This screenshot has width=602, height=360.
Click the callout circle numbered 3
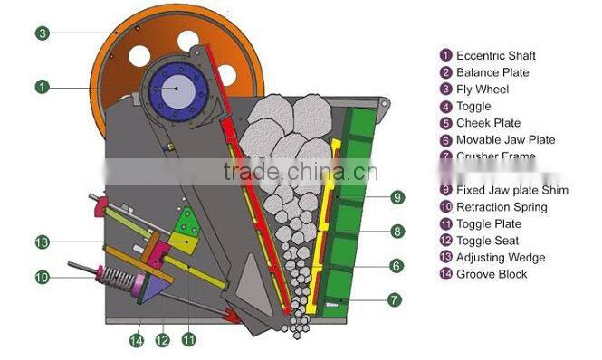pos(42,33)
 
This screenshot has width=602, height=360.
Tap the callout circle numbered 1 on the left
pos(42,87)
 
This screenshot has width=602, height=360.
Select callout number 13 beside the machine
pos(42,242)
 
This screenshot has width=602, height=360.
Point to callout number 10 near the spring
pos(42,277)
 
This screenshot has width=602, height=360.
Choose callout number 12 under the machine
pos(163,340)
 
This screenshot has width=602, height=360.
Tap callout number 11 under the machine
pos(189,340)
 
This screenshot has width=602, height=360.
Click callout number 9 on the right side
pos(397,197)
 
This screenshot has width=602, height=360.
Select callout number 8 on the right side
pos(397,232)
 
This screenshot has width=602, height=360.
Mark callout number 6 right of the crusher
pos(397,265)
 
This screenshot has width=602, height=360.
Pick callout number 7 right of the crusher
pos(397,298)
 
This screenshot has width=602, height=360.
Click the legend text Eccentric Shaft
pos(495,56)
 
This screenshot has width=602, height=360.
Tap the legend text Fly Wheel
pos(483,90)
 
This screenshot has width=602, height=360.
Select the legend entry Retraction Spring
pos(502,207)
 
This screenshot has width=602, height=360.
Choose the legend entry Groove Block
pos(492,274)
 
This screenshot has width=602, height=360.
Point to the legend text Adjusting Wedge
pos(500,258)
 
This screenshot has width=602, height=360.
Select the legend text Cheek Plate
pos(488,123)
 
